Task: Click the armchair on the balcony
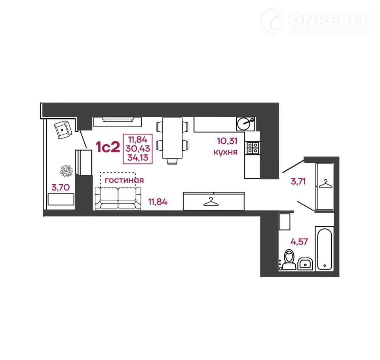[63, 130]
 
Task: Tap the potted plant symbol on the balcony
[66, 171]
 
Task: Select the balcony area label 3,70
[61, 187]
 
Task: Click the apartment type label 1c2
[108, 147]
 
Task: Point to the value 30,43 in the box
[138, 148]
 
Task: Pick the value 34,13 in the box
[138, 158]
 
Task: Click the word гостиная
[124, 180]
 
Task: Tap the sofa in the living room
[118, 198]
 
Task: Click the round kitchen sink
[245, 124]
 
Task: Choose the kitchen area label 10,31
[227, 141]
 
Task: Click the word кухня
[225, 152]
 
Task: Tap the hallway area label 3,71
[298, 181]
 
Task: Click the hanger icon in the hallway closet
[325, 184]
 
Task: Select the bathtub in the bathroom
[325, 248]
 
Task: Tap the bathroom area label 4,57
[299, 242]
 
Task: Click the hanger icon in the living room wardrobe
[211, 202]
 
